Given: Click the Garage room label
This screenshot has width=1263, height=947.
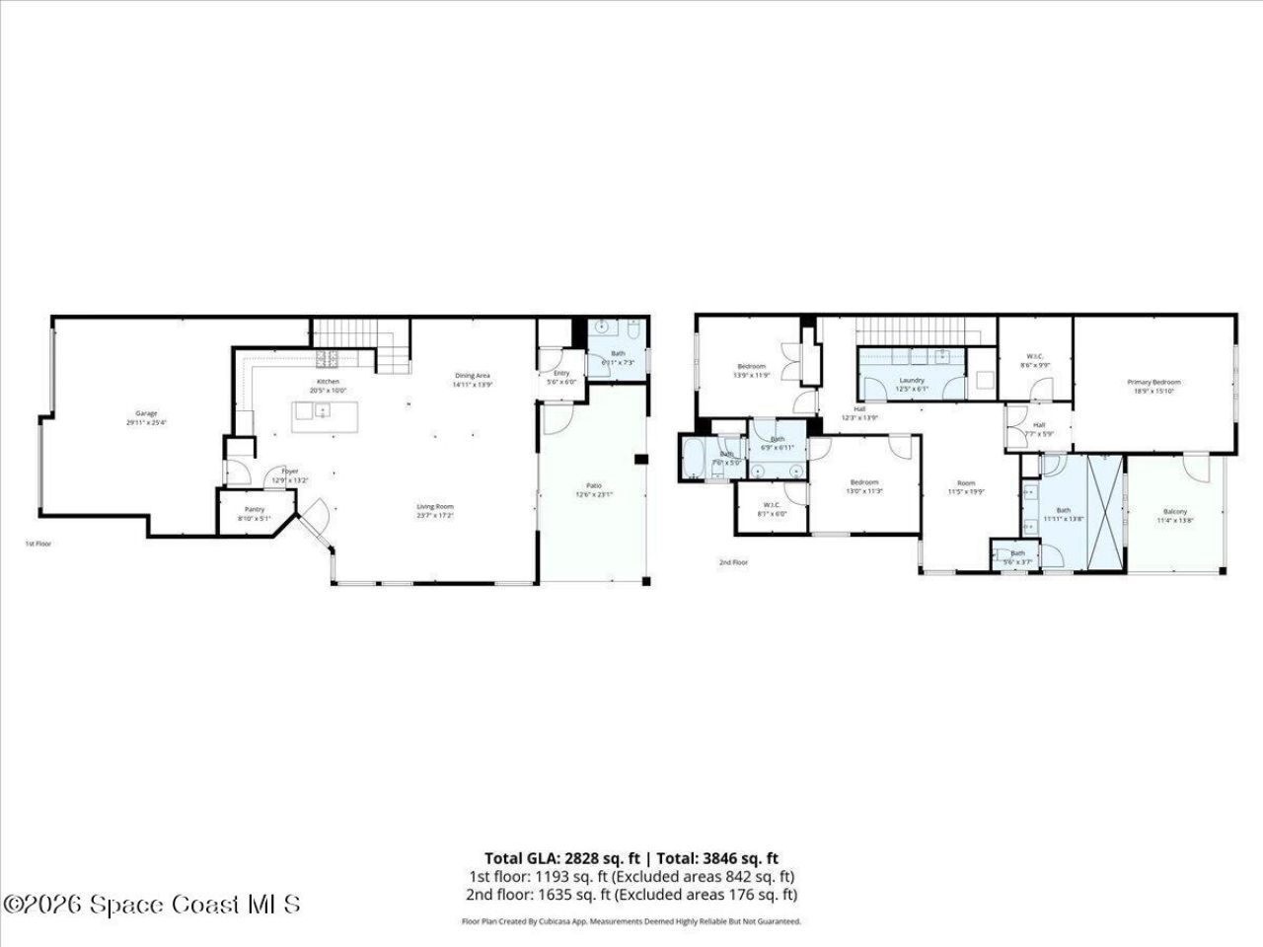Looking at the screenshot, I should pos(146,413).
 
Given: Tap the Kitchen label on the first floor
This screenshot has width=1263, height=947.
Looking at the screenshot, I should pos(328,382).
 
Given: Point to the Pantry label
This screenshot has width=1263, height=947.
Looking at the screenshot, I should pos(255,509).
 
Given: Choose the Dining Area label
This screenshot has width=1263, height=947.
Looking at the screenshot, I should pos(472,375).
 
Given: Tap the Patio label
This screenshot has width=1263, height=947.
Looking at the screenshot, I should pos(594,484).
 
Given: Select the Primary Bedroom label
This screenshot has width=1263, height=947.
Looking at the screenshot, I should pos(1153,382).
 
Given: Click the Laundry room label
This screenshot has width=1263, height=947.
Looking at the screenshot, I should pos(912,380).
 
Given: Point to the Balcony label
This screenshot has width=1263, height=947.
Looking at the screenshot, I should pos(1174,511).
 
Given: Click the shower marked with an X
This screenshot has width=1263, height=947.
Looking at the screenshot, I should pos(1105,512).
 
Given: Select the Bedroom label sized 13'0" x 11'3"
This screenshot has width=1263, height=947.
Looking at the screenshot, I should pos(864,482).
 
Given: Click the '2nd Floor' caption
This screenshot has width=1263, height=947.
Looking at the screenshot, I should pos(733,562).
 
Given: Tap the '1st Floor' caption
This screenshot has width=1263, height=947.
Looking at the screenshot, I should pos(37,544).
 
